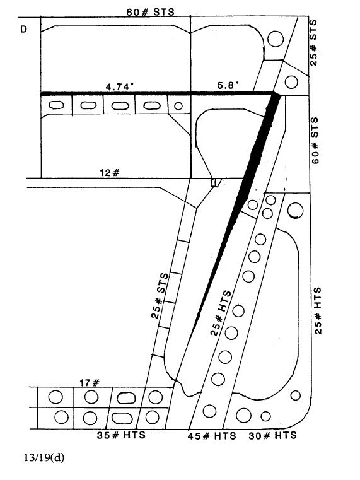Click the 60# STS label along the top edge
pyautogui.click(x=150, y=12)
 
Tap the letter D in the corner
pyautogui.click(x=23, y=29)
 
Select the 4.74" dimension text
pyautogui.click(x=120, y=86)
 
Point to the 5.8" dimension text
pyautogui.click(x=228, y=85)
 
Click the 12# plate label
pyautogui.click(x=110, y=173)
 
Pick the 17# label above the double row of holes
pyautogui.click(x=90, y=382)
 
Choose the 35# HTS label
pyautogui.click(x=121, y=435)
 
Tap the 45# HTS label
pyautogui.click(x=212, y=435)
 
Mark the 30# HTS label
pyautogui.click(x=272, y=435)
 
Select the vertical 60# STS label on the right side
pyautogui.click(x=315, y=140)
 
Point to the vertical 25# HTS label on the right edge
pyautogui.click(x=318, y=311)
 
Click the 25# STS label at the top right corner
pyautogui.click(x=313, y=43)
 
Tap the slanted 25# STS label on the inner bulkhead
pyautogui.click(x=160, y=296)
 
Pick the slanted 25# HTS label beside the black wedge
pyautogui.click(x=221, y=313)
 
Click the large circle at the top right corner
pyautogui.click(x=276, y=39)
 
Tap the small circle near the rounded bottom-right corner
pyautogui.click(x=295, y=395)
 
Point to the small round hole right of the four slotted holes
pyautogui.click(x=178, y=106)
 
